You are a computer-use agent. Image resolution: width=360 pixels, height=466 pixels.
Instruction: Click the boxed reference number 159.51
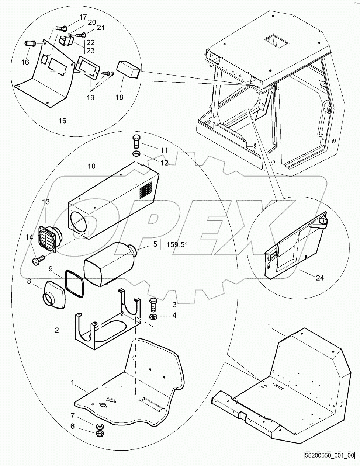(176, 244)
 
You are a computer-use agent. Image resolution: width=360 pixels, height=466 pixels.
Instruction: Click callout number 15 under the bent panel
(62, 120)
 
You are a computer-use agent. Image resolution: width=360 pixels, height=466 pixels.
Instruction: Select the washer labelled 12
(136, 153)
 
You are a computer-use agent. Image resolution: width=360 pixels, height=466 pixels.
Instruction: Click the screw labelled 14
(36, 261)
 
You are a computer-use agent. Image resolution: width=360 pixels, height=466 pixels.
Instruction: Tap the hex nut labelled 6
(99, 433)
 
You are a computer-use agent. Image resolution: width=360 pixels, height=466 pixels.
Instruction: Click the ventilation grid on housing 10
(146, 188)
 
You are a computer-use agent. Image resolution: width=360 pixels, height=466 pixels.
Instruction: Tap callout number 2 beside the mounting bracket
(57, 331)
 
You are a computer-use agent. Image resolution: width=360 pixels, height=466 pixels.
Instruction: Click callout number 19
(90, 98)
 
